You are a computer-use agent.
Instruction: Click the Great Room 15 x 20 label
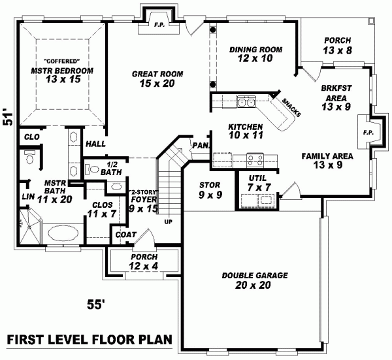tap(156, 78)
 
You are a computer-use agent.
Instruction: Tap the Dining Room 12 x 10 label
tap(256, 54)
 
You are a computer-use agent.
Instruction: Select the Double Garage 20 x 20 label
tap(254, 280)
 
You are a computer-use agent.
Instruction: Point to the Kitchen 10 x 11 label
tap(245, 131)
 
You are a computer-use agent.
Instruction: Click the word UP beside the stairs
tap(169, 221)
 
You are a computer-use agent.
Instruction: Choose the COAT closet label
tap(125, 235)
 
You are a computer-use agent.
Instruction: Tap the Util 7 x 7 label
tap(255, 184)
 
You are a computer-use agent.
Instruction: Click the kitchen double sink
tap(247, 102)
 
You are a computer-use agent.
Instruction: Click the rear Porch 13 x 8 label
tap(337, 45)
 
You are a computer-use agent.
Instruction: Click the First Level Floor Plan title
tap(89, 340)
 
